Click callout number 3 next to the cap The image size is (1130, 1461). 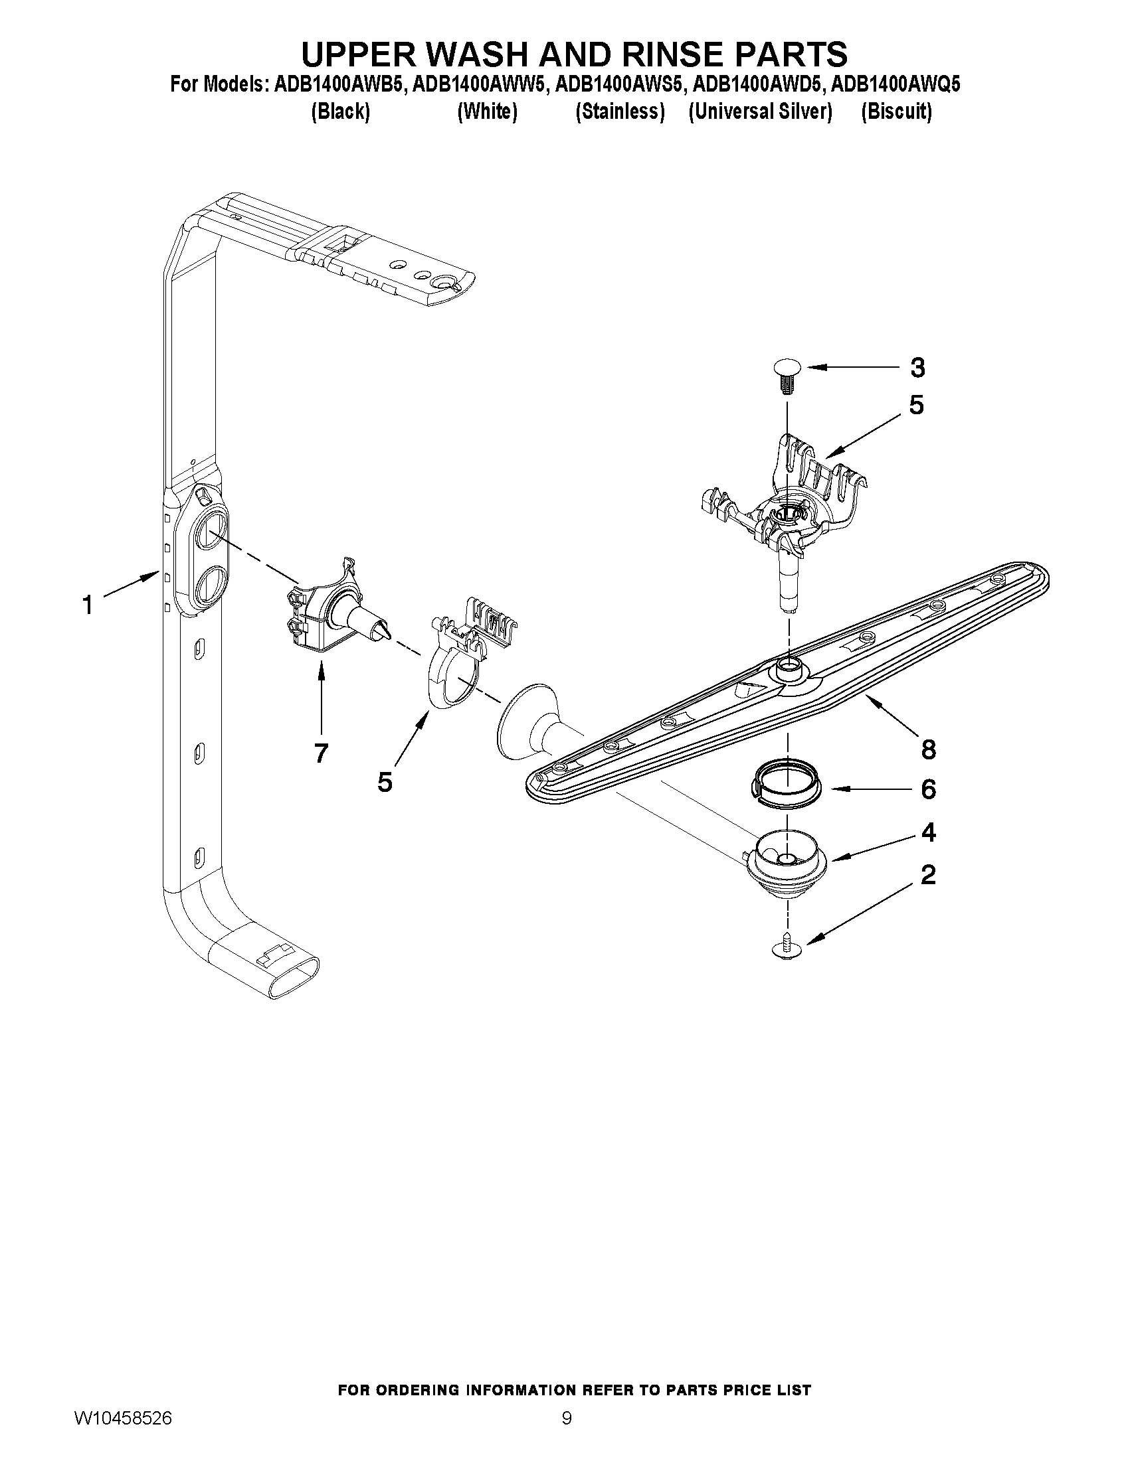pyautogui.click(x=917, y=367)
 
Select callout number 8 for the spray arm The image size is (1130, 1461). pyautogui.click(x=928, y=749)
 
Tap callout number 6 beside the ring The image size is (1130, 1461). pyautogui.click(x=928, y=789)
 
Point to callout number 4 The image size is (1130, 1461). pyautogui.click(x=928, y=832)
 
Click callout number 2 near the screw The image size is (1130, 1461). pyautogui.click(x=928, y=874)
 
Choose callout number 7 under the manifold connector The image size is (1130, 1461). pyautogui.click(x=321, y=753)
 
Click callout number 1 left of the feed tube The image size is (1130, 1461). pyautogui.click(x=87, y=605)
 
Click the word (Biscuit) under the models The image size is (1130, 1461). pyautogui.click(x=896, y=112)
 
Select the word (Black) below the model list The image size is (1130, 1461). pyautogui.click(x=340, y=112)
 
